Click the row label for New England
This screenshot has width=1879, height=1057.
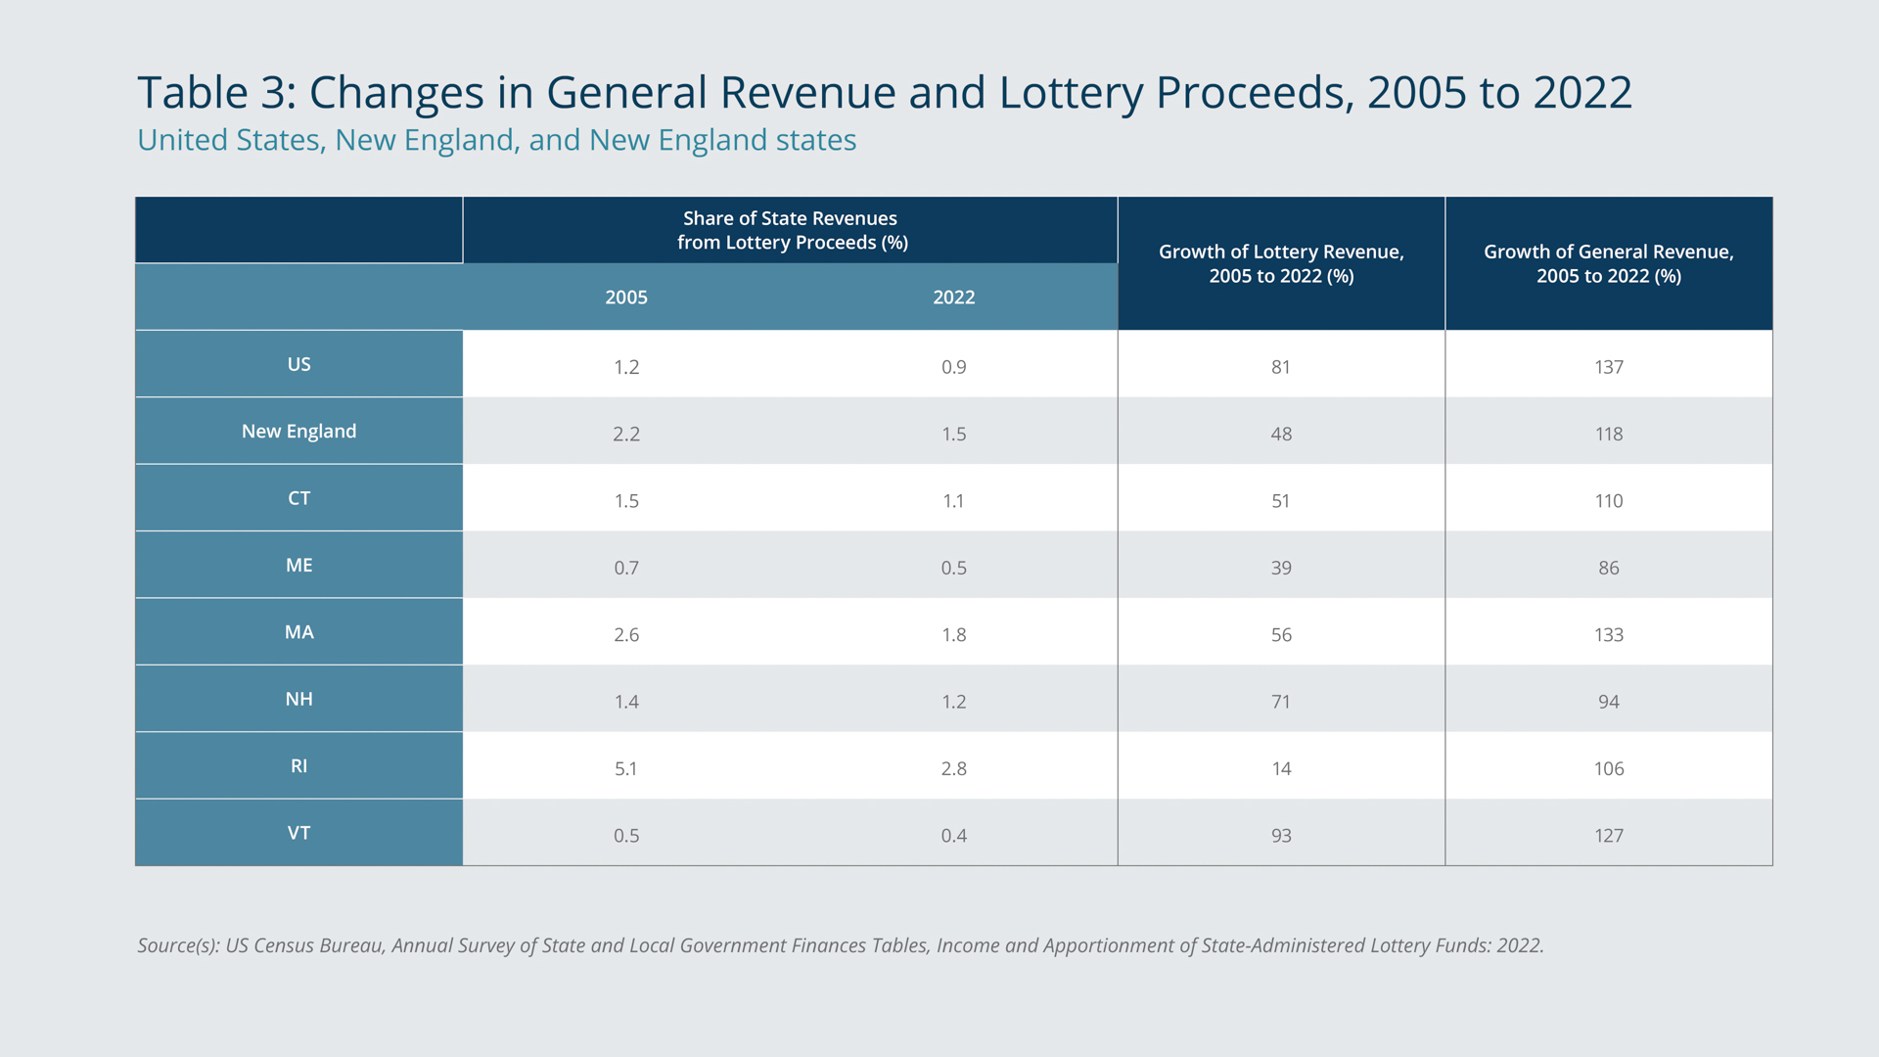[x=298, y=432]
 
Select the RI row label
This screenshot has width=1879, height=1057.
[x=298, y=766]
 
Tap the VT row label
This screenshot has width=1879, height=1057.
[x=298, y=833]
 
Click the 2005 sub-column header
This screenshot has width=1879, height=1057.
[x=626, y=298]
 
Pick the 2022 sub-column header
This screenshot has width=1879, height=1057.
[x=954, y=298]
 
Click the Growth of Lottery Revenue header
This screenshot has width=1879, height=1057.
[x=1281, y=264]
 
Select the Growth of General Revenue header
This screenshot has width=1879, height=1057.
[x=1609, y=264]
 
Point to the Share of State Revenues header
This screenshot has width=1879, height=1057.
[x=791, y=230]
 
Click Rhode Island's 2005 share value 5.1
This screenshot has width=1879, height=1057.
[x=626, y=769]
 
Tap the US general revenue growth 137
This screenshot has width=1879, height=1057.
[x=1609, y=367]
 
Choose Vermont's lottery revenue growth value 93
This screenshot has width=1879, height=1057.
[x=1281, y=836]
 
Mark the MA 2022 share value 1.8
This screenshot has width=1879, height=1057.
[x=954, y=635]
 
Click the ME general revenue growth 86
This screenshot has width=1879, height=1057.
[x=1609, y=568]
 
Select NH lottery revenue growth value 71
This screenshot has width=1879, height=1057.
[x=1281, y=702]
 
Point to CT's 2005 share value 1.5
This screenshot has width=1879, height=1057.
[x=626, y=501]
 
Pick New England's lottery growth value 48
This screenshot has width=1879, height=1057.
[x=1281, y=434]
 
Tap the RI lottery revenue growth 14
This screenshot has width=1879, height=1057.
[x=1281, y=769]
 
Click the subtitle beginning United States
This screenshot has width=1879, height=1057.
[x=497, y=141]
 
